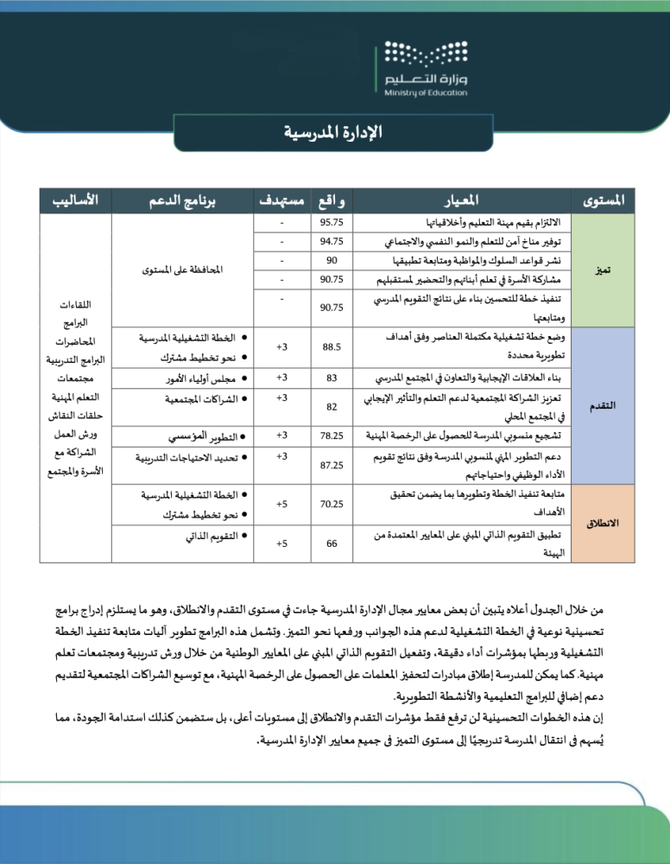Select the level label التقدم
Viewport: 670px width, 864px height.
(x=604, y=406)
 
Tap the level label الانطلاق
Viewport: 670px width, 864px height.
(x=604, y=524)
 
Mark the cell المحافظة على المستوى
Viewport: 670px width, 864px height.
(x=182, y=270)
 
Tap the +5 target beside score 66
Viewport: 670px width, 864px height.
(x=282, y=543)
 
